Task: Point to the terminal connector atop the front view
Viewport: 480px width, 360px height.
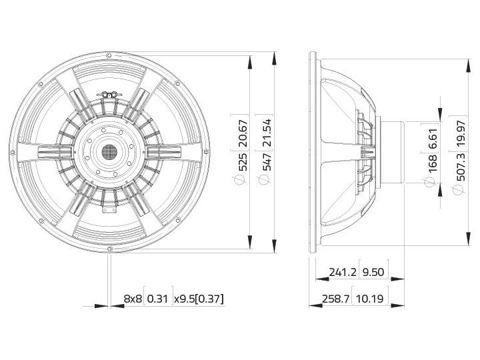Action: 109,95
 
